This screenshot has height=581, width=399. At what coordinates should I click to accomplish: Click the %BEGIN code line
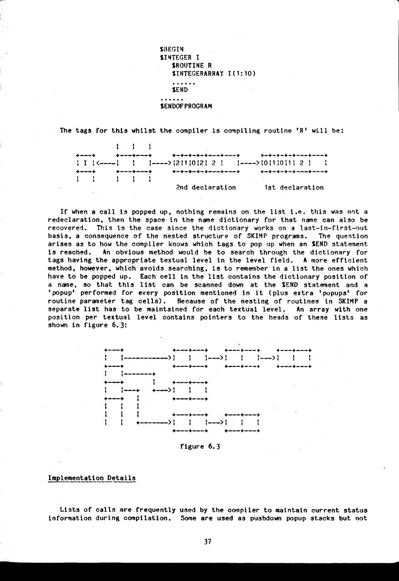pos(172,49)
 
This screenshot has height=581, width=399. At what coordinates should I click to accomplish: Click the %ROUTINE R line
pos(187,66)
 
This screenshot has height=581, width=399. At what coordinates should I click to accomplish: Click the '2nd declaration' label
pos(206,187)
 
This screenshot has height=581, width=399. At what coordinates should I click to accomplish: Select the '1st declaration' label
pos(294,187)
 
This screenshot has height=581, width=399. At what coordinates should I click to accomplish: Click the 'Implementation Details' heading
pos(92,478)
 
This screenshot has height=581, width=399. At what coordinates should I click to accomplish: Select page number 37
pos(207,542)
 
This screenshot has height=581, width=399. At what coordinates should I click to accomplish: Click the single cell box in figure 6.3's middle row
pos(190,390)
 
